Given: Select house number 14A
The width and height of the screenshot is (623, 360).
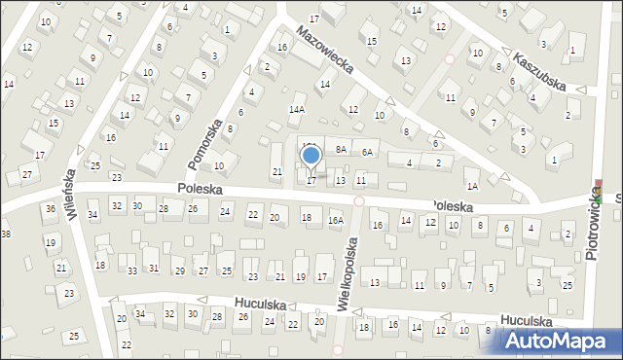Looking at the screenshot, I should point(297,110).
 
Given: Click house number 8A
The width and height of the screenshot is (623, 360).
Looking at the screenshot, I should point(341,150).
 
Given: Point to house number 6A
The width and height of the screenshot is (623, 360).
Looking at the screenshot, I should point(367,152).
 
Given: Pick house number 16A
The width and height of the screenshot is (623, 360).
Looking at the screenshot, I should point(336,221).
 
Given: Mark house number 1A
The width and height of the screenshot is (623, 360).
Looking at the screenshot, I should point(472,186).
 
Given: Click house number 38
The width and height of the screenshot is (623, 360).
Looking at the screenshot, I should point(6,234).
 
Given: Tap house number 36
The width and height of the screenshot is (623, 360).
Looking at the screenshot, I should point(50,208).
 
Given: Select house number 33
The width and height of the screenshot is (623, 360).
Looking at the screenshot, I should point(132,270).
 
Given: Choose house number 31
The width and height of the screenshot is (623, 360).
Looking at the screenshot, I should point(154,268).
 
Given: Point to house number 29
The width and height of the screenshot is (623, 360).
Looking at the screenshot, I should point(179,270).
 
